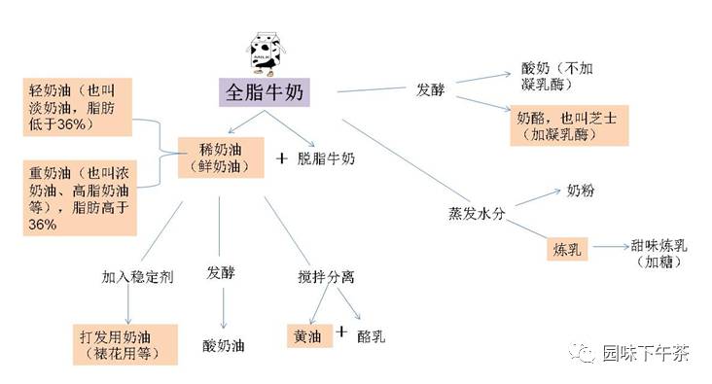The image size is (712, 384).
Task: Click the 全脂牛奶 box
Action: click(x=264, y=93)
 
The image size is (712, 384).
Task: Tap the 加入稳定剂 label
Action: click(x=137, y=276)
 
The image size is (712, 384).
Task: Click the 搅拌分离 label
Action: click(x=326, y=276)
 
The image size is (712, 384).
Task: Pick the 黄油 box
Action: click(x=308, y=335)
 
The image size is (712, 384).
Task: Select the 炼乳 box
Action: click(x=567, y=249)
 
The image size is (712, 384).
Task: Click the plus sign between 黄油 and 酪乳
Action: click(x=342, y=332)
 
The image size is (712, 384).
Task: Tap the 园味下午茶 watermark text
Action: click(x=644, y=353)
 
